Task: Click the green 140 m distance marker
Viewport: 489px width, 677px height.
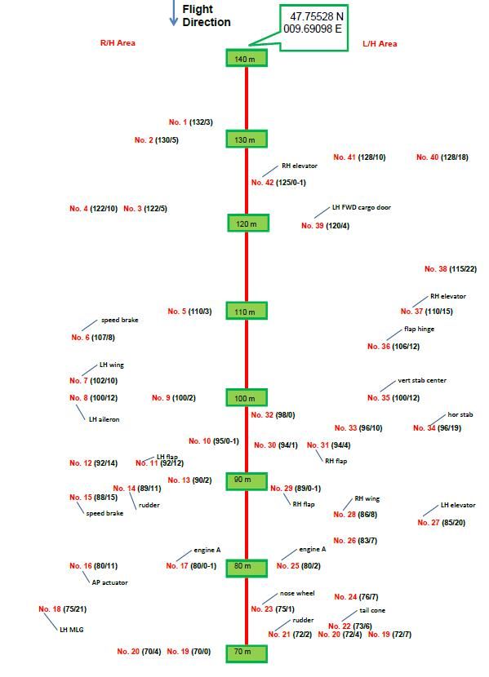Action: [247, 58]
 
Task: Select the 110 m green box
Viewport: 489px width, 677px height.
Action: [247, 311]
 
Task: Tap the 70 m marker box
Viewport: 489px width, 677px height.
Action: [247, 653]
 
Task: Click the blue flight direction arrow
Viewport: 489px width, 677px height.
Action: [174, 13]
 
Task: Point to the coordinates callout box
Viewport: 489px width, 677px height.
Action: [313, 28]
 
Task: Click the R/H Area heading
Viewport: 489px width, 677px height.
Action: [118, 42]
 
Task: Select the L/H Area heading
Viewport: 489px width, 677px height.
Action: [380, 43]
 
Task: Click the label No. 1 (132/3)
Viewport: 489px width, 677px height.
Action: [190, 122]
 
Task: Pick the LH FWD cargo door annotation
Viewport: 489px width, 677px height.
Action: [361, 207]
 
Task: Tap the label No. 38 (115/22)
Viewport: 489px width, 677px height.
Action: [451, 269]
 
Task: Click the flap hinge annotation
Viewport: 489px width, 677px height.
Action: [419, 329]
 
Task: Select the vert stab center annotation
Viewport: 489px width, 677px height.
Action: [422, 380]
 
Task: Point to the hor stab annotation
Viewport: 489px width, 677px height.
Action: [460, 414]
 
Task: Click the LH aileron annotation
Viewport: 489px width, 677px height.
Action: [104, 419]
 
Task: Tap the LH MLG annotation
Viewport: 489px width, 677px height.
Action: [72, 630]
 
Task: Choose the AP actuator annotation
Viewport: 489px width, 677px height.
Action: [109, 582]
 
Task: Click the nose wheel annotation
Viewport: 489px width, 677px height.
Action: [297, 593]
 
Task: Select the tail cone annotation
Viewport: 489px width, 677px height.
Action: [372, 610]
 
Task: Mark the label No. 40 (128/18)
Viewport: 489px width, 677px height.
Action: [442, 157]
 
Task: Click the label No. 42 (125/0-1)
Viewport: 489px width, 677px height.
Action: [278, 183]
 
